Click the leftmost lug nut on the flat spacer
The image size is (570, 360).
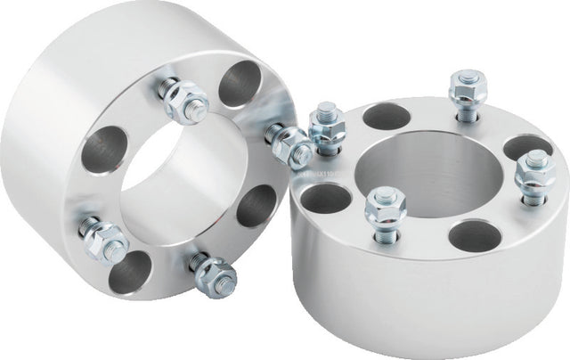(x=326, y=127)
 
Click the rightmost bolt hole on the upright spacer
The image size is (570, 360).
(x=257, y=207)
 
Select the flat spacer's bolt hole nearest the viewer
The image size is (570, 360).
(x=473, y=235)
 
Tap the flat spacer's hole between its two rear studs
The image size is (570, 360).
(x=385, y=116)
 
